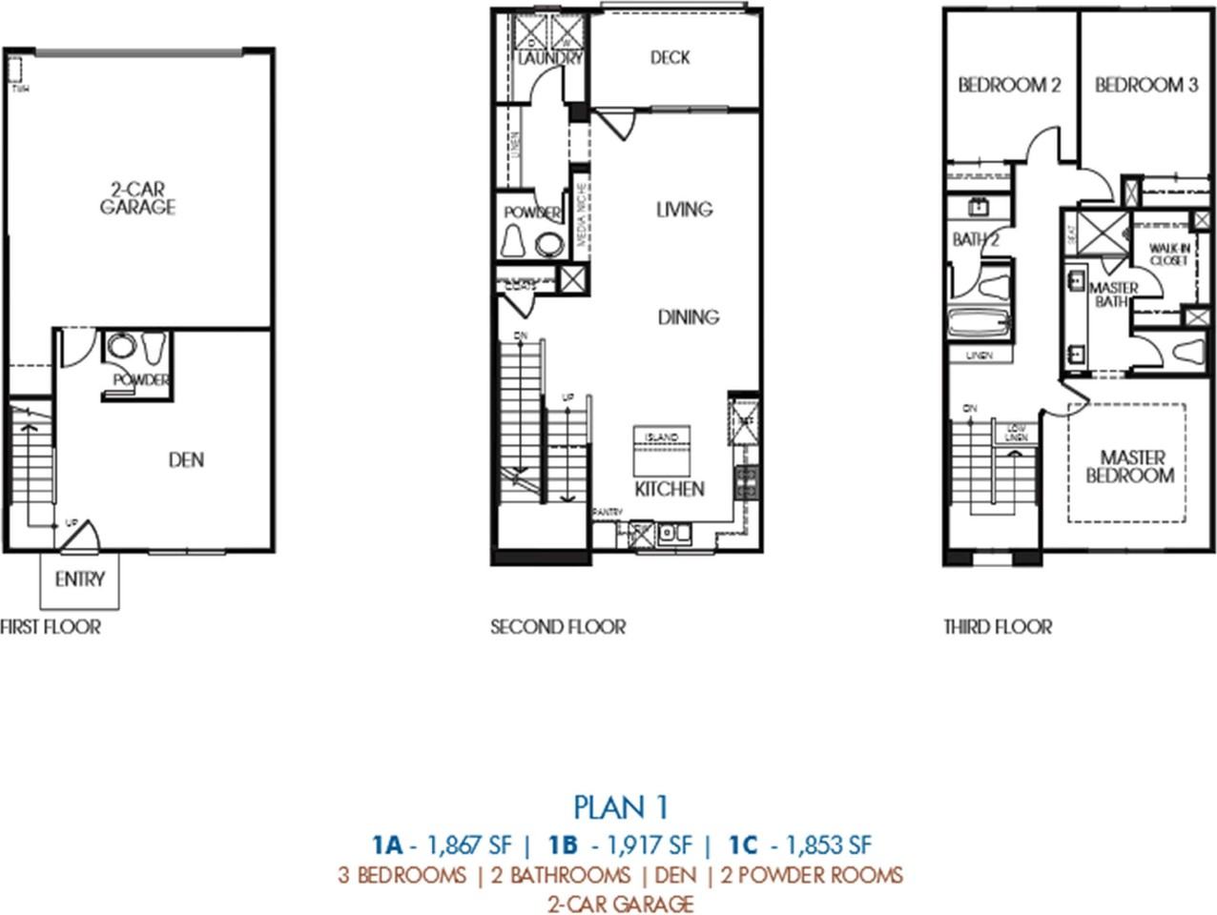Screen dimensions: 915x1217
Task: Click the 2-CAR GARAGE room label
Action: (x=138, y=198)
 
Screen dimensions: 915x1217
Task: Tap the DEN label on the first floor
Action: (x=186, y=459)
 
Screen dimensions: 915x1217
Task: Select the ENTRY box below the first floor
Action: (x=79, y=579)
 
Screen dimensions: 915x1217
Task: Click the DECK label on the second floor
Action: (x=670, y=58)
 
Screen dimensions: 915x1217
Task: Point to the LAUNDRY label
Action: (x=549, y=59)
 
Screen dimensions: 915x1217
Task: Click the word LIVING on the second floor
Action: (x=684, y=209)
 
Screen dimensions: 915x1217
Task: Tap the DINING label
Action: (x=688, y=316)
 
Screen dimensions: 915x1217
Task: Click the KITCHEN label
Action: (x=670, y=489)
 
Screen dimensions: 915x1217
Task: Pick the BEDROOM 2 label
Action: (x=1009, y=85)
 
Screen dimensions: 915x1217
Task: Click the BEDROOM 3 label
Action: (x=1146, y=85)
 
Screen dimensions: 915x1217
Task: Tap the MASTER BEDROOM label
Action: (x=1130, y=466)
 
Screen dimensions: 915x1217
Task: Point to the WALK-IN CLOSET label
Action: (x=1168, y=254)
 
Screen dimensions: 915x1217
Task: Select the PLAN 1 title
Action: (x=621, y=806)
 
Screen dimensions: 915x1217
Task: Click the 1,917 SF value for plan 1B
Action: (x=642, y=844)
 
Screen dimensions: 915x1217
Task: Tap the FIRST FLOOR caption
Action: (x=50, y=626)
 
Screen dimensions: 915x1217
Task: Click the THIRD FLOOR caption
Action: (x=998, y=626)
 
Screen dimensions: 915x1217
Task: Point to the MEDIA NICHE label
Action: (x=580, y=216)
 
